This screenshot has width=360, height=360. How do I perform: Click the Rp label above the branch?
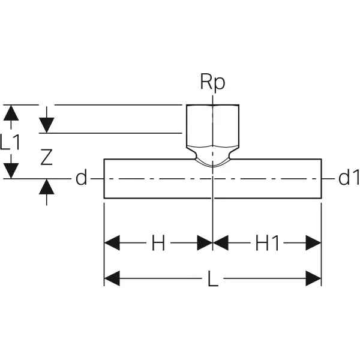pos(213,82)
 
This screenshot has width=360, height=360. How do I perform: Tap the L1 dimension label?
pos(11,142)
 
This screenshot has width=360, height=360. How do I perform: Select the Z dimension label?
pos(47,157)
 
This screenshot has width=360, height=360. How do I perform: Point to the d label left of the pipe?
pos(82,178)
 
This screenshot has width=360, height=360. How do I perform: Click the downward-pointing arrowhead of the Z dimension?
pos(47,124)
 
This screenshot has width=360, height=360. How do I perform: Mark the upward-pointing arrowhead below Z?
pos(47,188)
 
